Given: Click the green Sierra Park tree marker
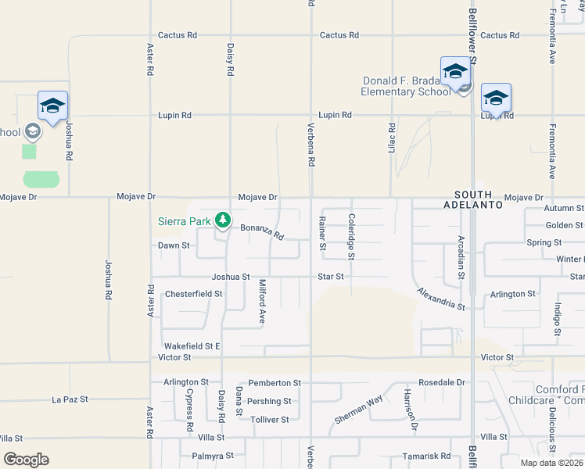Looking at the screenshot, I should tap(224, 220).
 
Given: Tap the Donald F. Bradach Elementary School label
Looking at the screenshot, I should tap(405, 86).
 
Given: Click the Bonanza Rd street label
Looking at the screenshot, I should tap(261, 231).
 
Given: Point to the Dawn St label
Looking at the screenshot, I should tap(174, 245).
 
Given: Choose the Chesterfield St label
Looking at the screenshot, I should tap(194, 295).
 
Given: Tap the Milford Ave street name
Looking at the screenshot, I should tap(263, 301).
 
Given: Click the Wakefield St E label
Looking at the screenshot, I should tap(192, 345).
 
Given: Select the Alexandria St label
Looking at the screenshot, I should tap(441, 298).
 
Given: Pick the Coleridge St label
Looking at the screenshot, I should tap(351, 237).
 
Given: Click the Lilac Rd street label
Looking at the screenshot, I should tap(393, 137).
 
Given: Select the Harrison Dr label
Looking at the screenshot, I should tap(410, 410).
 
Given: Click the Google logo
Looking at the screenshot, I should tap(26, 460).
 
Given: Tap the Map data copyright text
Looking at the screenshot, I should tap(551, 463).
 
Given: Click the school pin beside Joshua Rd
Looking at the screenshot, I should tap(52, 107).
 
